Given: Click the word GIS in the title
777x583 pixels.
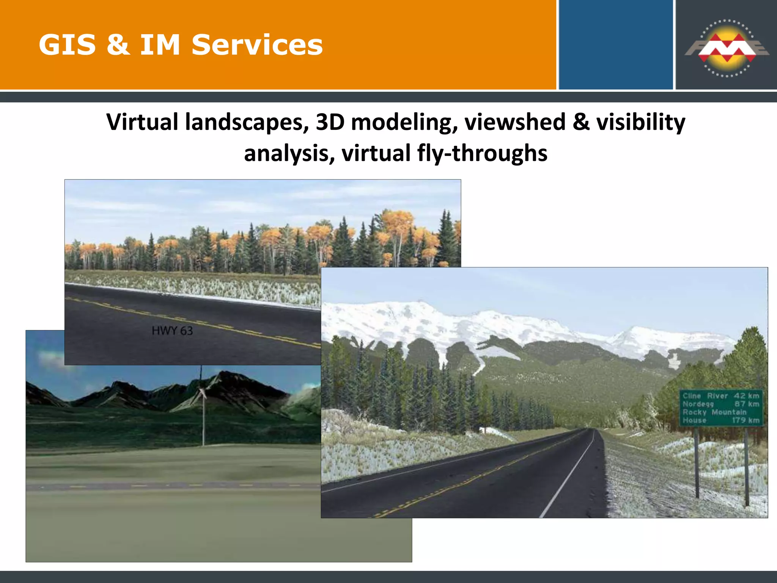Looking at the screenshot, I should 67,45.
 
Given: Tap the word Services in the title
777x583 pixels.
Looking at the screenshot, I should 257,45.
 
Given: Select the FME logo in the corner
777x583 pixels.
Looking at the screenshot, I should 726,49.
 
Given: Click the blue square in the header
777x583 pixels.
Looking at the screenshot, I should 615,45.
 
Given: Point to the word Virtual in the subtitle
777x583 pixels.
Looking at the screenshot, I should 142,122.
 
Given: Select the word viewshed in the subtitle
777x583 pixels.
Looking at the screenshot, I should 515,122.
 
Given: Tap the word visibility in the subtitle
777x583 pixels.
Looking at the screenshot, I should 640,122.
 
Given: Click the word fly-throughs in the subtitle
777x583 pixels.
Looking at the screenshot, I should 482,153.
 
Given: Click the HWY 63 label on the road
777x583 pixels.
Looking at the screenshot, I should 172,331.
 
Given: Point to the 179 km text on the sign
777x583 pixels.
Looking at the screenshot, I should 746,420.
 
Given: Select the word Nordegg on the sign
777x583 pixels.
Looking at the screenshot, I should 698,404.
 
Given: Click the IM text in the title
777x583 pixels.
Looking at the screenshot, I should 160,45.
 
